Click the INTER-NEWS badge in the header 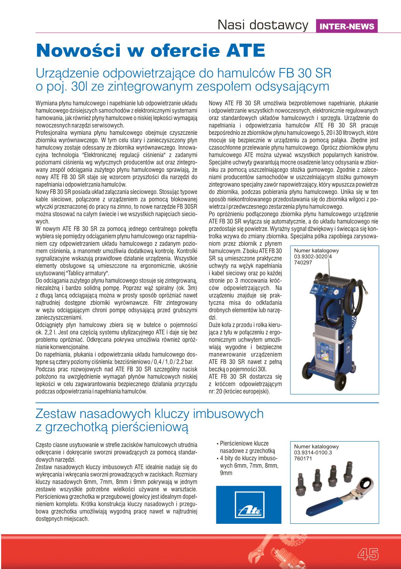click(x=347, y=26)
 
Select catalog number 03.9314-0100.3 click(x=313, y=452)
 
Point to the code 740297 click(x=303, y=262)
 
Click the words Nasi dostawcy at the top click(x=263, y=25)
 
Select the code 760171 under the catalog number click(x=303, y=458)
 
